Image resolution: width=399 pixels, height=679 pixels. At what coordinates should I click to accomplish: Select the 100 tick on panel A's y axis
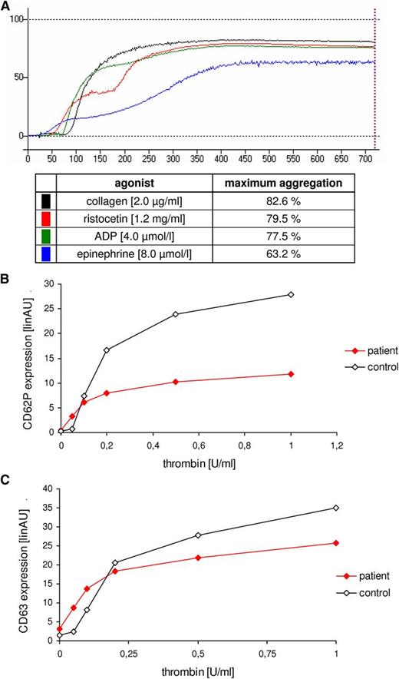tap(15, 19)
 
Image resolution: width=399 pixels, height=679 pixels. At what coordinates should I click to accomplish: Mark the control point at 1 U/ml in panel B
tap(291, 294)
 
